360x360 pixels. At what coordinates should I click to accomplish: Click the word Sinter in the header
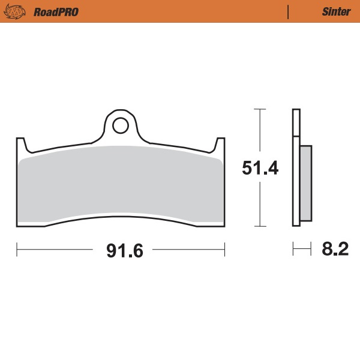[337, 11]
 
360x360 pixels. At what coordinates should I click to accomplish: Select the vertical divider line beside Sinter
[289, 11]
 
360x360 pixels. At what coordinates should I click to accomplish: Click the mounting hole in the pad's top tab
[120, 125]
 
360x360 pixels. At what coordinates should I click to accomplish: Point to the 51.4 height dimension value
[260, 168]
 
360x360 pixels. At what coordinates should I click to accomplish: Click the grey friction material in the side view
[305, 183]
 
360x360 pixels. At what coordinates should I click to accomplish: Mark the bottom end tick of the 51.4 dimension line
[260, 226]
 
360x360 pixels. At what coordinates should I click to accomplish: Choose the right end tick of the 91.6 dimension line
[224, 247]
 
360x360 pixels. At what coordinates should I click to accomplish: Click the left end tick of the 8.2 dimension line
[293, 247]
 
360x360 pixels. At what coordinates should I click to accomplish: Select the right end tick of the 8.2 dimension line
[311, 247]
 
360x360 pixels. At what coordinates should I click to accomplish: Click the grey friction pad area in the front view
[120, 186]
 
